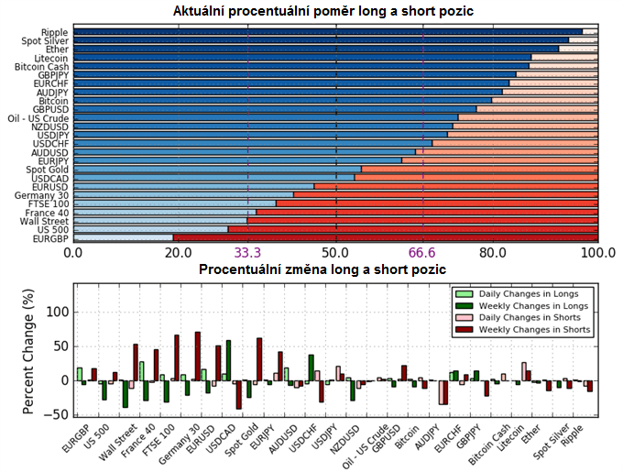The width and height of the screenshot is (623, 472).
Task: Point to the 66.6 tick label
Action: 423,252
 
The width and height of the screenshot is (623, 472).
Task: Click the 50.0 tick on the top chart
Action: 335,252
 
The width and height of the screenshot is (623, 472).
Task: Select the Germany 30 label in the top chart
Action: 42,195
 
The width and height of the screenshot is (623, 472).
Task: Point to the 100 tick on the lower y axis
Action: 57,312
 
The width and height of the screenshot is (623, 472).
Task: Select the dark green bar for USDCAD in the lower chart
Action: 228,360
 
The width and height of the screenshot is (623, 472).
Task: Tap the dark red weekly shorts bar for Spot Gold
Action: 259,359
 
